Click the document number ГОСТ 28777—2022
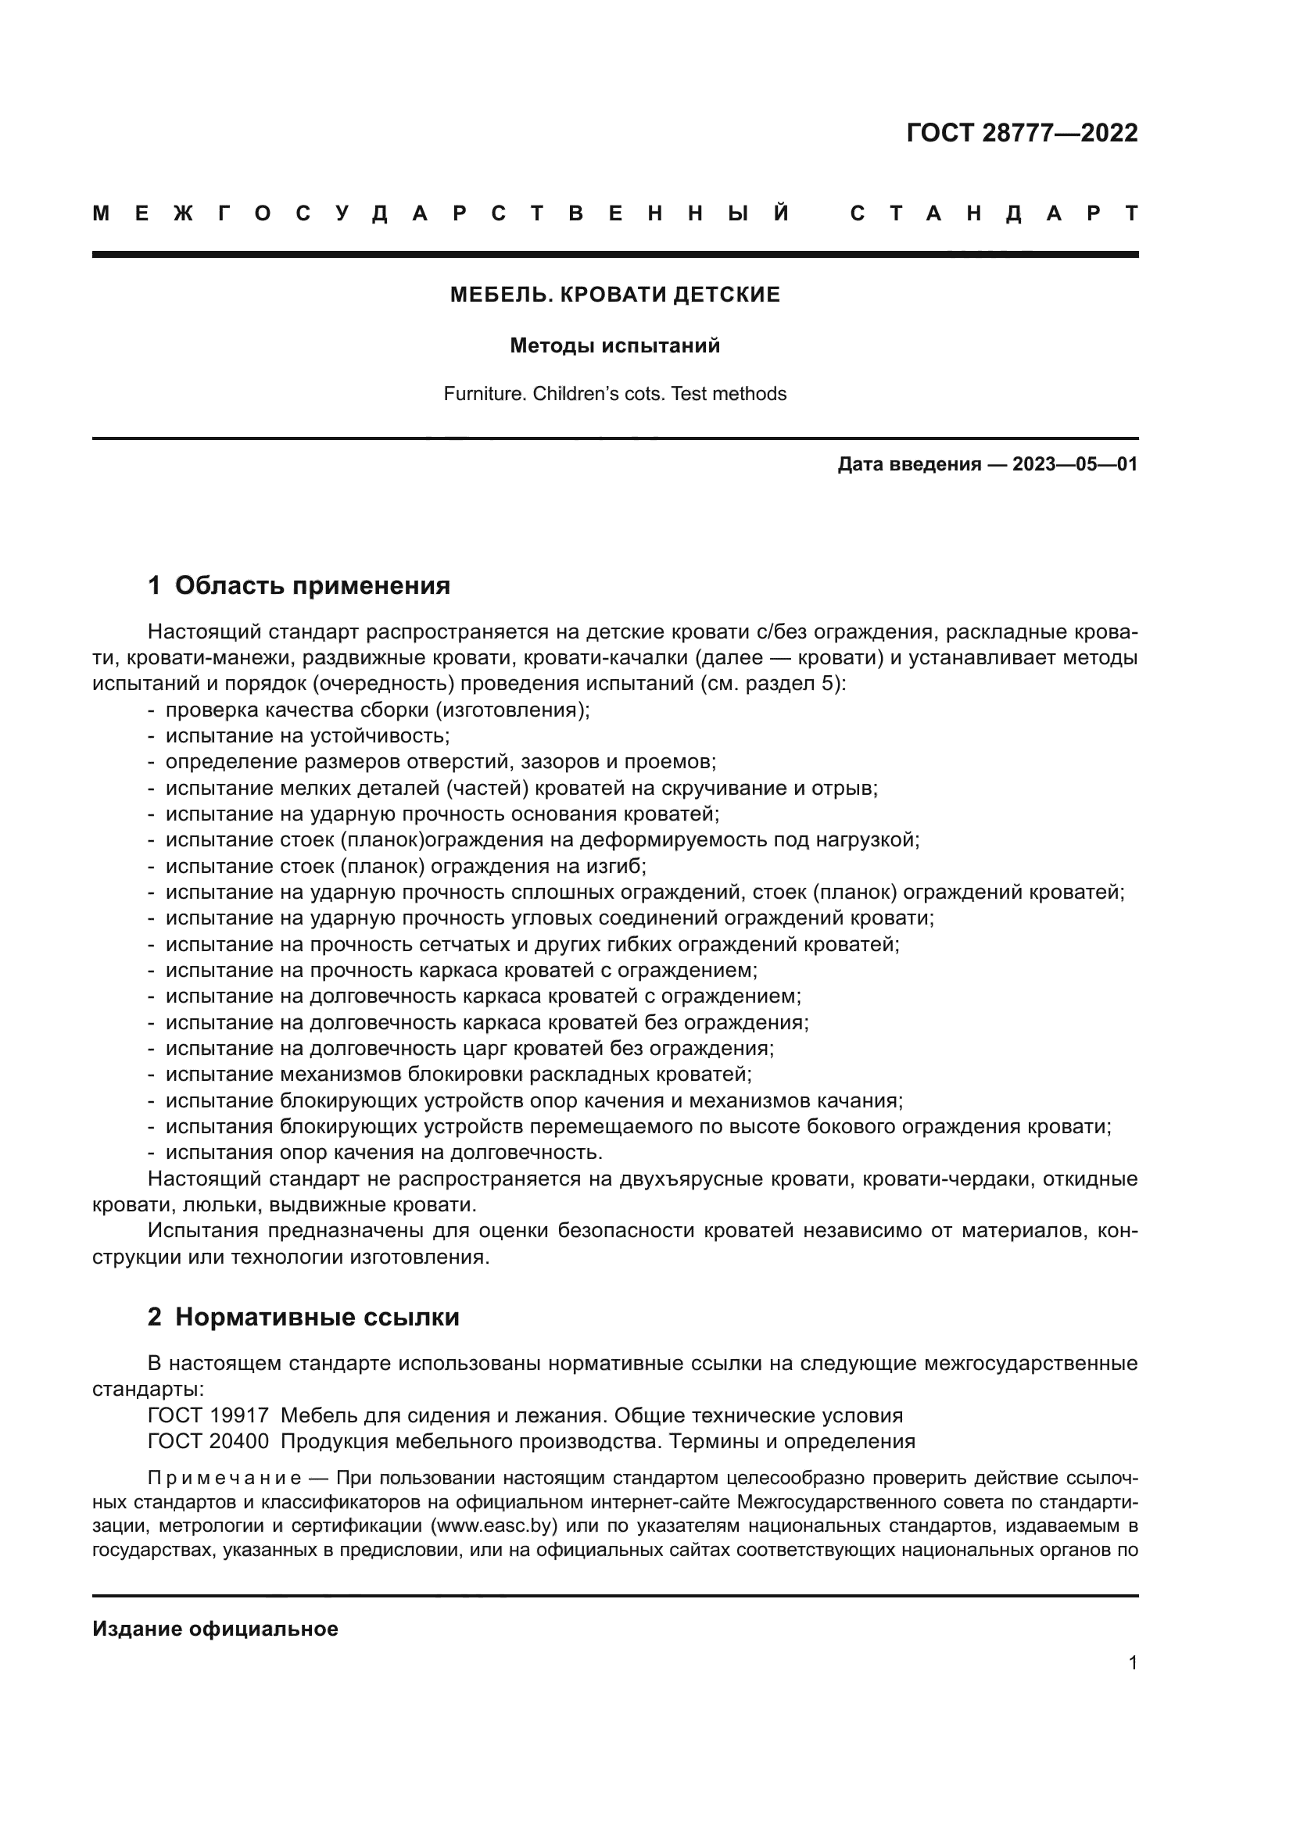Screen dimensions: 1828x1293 pos(1022,133)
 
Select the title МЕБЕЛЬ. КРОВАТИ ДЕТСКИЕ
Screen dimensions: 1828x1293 pos(614,295)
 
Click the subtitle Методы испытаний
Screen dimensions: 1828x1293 pos(614,345)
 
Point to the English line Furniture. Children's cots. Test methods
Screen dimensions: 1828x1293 pos(614,393)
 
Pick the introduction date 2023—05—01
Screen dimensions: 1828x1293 pos(1074,464)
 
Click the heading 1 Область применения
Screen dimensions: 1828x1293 pos(299,585)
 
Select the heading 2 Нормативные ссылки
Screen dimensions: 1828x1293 pos(303,1317)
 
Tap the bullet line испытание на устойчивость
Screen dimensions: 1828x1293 pos(307,735)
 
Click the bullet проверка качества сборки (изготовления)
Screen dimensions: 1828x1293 pos(378,710)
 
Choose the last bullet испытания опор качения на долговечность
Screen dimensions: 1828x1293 pos(384,1152)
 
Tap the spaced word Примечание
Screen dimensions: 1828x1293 pos(224,1479)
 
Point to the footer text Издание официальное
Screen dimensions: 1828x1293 pos(215,1629)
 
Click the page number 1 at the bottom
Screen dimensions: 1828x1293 pos(1132,1662)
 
